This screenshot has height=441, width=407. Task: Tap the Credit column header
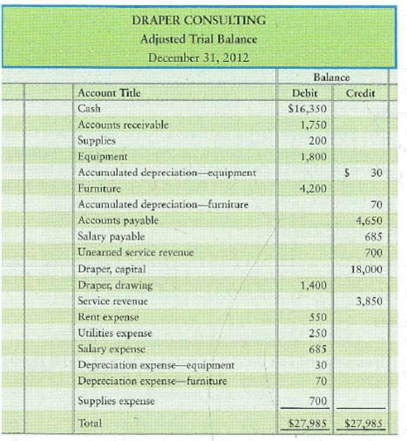pos(360,93)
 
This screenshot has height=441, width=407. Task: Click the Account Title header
pos(110,93)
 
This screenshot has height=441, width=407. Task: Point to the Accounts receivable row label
pos(123,126)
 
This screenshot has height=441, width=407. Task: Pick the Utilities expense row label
pos(116,334)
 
